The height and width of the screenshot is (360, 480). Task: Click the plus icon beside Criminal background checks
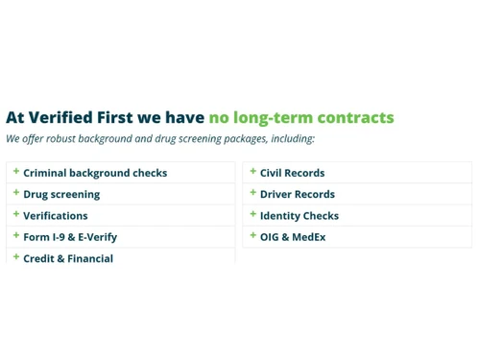tap(16, 172)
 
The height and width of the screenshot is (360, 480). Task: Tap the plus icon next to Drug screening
tap(16, 193)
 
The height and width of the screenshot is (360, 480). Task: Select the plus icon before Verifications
tap(16, 214)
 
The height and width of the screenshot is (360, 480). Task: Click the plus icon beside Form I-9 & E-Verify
tap(16, 235)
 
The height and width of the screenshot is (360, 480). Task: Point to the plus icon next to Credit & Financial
tap(16, 257)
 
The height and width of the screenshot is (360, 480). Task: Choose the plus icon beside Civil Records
tap(253, 172)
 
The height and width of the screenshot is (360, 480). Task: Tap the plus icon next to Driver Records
tap(253, 193)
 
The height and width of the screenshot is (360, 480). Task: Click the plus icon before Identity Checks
tap(253, 214)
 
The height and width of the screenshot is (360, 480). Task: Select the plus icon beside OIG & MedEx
tap(253, 235)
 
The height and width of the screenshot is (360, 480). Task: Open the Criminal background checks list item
tap(95, 173)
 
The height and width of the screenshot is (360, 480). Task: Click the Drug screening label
tap(61, 194)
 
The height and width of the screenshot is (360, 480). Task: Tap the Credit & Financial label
tap(68, 258)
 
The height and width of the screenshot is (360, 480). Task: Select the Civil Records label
tap(292, 173)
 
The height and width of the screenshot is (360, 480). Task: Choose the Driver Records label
tap(298, 194)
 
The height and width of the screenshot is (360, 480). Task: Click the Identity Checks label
tap(300, 216)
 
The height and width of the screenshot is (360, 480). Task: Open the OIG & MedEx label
tap(293, 237)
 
